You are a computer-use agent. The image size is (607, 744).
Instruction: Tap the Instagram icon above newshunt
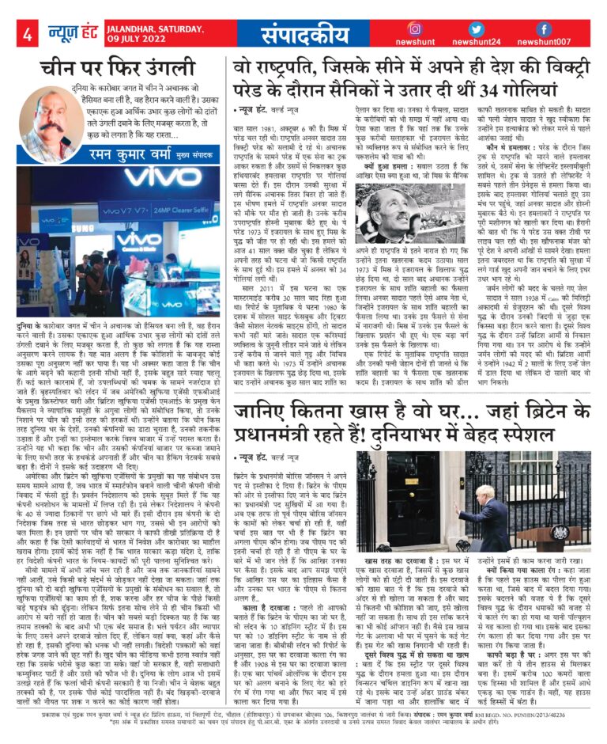413,29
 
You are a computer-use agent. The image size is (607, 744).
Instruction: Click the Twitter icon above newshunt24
477,29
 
